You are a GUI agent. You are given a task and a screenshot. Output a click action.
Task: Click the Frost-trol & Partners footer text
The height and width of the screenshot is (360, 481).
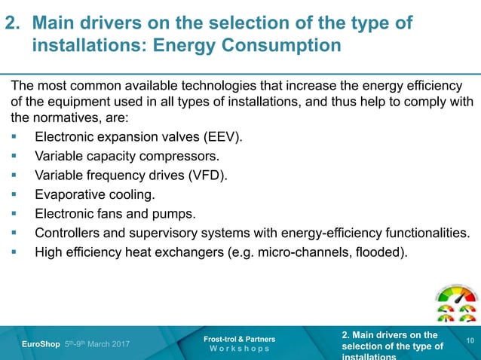coord(240,339)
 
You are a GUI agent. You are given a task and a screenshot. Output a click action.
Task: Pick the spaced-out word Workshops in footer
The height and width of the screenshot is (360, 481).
coord(240,349)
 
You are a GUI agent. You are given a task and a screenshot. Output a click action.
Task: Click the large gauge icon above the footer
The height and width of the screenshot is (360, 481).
coord(457,296)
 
